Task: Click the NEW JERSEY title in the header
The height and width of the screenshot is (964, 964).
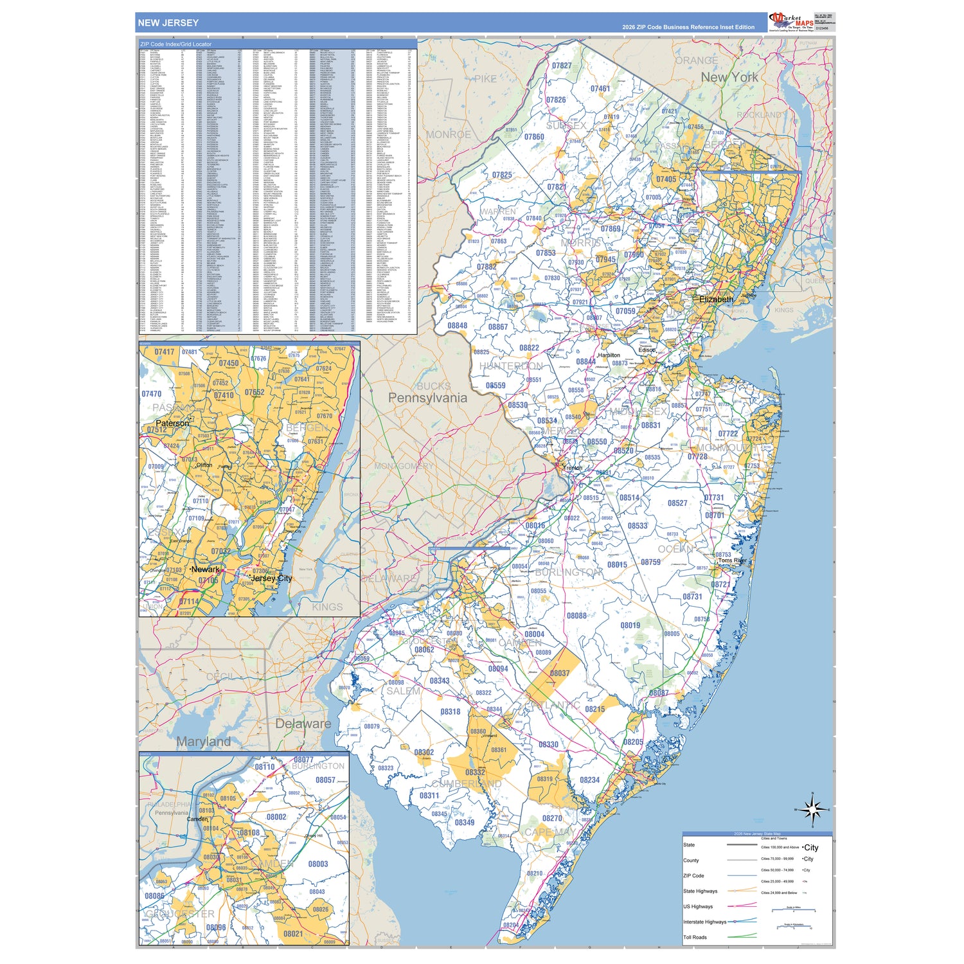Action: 168,23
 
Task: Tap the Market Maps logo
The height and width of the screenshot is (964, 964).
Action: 791,21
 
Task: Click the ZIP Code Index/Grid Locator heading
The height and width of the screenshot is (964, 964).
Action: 175,44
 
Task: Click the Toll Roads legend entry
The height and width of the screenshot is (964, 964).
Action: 695,937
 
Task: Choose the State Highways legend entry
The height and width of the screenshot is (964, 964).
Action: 700,891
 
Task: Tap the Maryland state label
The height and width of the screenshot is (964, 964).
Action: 203,742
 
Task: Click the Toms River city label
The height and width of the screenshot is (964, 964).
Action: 733,560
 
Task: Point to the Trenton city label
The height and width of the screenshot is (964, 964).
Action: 573,468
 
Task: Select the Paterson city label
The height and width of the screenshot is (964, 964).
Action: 172,424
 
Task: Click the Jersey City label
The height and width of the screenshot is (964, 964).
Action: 271,578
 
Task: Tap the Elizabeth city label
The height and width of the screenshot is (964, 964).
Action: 716,299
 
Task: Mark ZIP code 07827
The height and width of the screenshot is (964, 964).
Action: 561,66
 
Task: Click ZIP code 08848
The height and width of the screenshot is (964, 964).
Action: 458,326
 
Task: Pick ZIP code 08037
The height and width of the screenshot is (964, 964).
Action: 559,673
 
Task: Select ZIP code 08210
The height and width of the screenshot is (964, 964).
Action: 535,873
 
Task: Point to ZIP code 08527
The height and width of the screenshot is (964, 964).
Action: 677,503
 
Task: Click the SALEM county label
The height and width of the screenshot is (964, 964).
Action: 403,692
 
